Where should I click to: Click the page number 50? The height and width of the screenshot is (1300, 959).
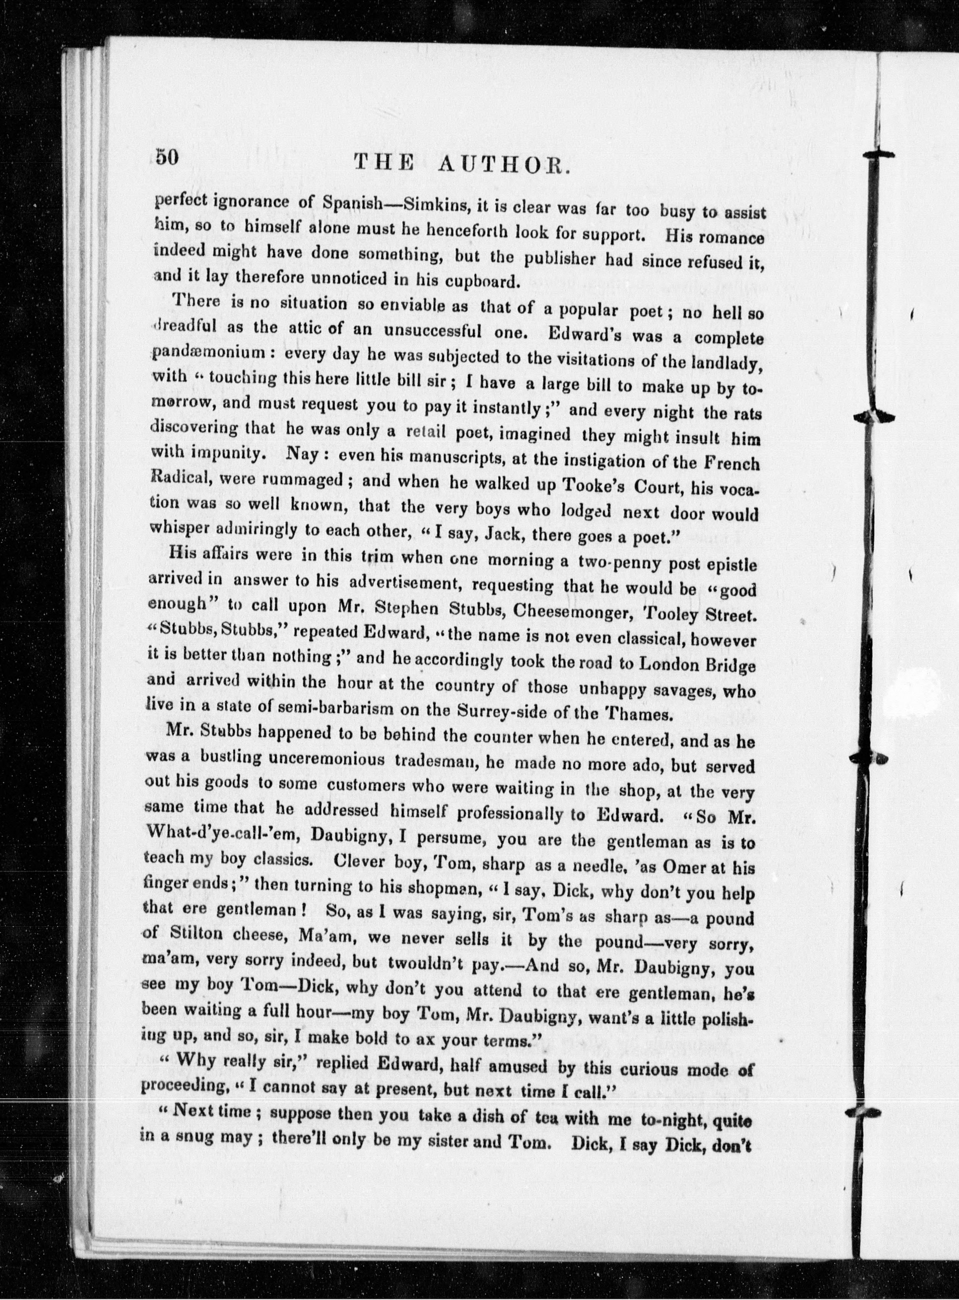pos(168,158)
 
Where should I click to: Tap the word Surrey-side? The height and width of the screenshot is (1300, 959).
pos(514,711)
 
